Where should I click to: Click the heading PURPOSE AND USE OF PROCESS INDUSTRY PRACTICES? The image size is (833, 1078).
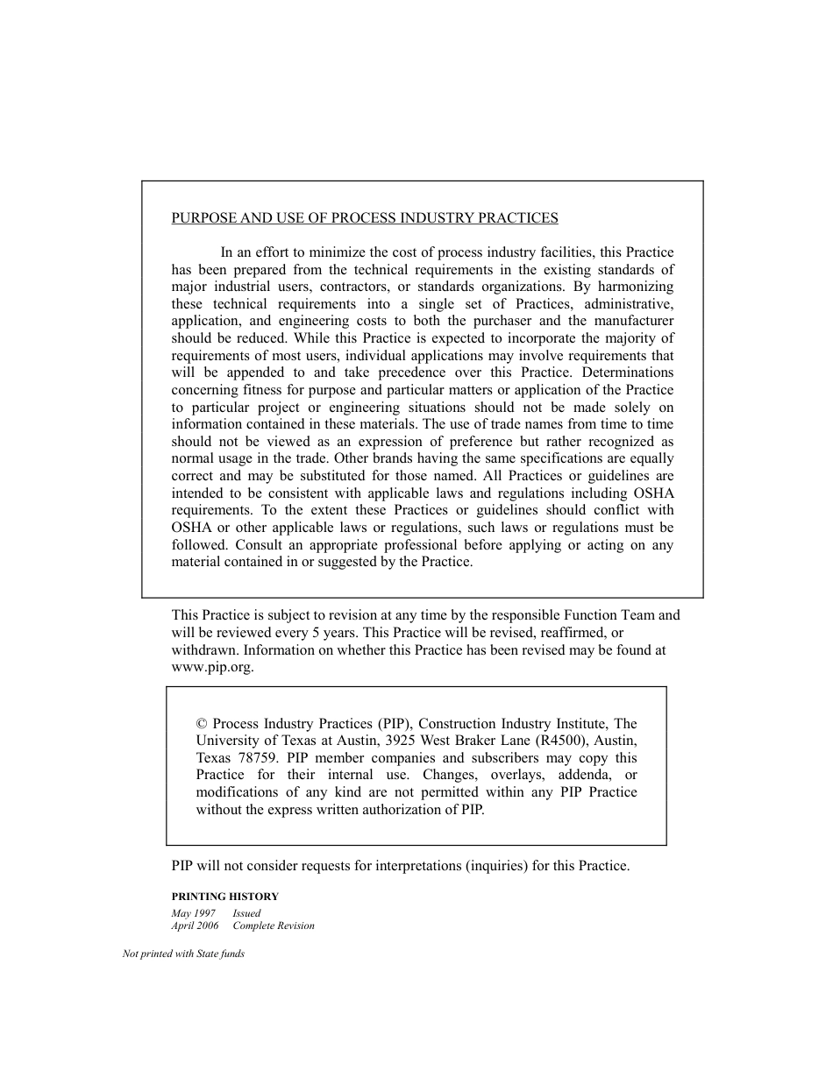click(364, 218)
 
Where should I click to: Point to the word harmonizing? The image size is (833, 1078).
click(637, 287)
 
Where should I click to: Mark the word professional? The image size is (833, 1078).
click(416, 544)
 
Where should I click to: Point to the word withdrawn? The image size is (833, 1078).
click(205, 650)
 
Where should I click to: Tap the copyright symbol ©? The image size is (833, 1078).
click(202, 724)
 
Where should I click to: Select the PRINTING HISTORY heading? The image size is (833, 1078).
click(224, 897)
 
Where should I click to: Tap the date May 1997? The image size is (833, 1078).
click(193, 913)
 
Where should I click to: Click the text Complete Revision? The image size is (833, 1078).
click(273, 926)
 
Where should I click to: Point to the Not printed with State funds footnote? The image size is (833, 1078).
click(183, 954)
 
